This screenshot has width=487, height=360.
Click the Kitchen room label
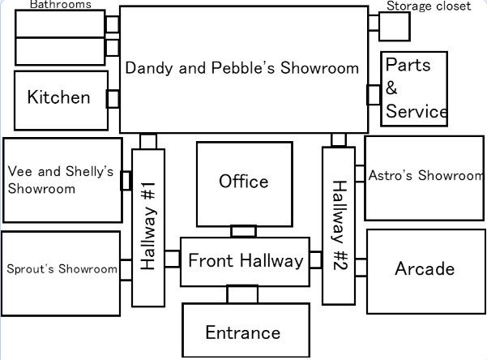58,98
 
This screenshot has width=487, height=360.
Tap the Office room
244,182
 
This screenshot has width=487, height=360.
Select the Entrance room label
243,332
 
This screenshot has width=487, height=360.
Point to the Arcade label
425,269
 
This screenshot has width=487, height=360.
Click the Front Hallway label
246,261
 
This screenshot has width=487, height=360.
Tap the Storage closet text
428,6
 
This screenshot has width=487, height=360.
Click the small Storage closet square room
395,26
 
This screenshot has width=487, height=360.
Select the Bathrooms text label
61,5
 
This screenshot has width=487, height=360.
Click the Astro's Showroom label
425,175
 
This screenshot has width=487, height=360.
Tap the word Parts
408,65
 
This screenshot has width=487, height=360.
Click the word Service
417,112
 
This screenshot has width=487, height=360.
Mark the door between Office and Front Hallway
243,231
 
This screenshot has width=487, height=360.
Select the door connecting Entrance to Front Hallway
242,294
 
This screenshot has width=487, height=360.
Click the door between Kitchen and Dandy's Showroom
113,99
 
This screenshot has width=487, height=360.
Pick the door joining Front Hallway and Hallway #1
172,259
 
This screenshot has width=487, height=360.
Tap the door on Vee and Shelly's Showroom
126,180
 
